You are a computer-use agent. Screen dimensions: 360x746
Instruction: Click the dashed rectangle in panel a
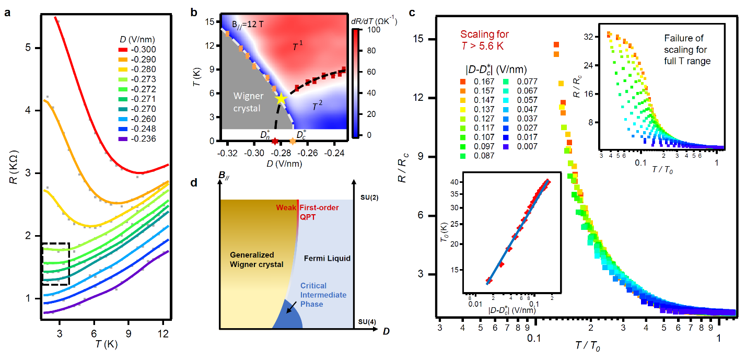tap(55, 264)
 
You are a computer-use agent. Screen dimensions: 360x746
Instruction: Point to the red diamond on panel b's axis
tap(275, 141)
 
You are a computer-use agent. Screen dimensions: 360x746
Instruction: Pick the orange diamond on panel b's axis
tap(293, 141)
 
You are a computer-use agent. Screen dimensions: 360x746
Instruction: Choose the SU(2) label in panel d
tap(365, 199)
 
